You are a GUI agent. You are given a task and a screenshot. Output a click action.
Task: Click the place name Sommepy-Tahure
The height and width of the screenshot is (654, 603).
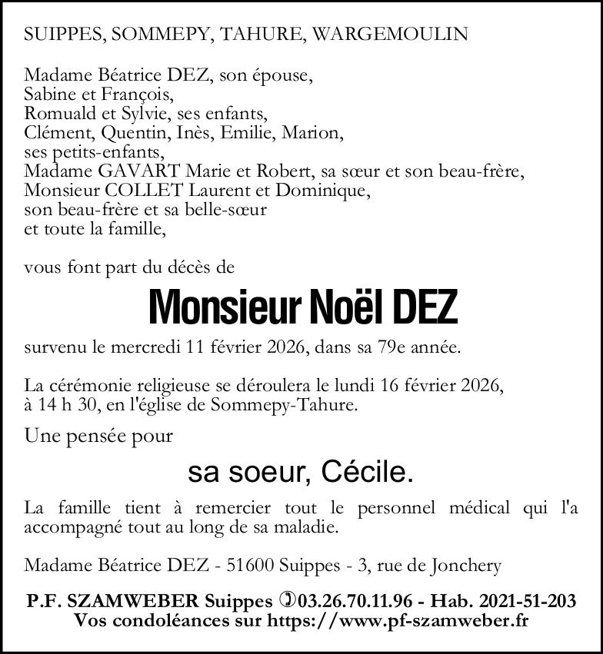(301, 404)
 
